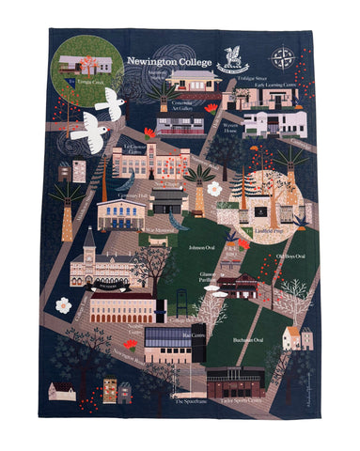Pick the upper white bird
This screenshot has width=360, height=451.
[109, 105]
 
